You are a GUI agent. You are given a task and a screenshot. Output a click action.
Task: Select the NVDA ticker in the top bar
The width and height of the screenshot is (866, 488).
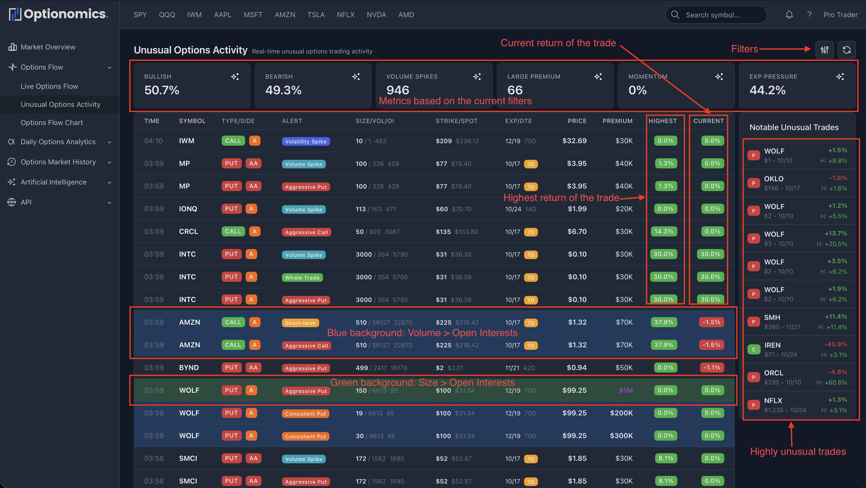click(376, 15)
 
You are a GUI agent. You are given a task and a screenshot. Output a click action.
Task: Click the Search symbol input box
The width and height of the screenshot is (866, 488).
click(716, 15)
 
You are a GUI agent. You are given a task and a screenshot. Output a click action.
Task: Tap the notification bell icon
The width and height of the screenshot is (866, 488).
click(789, 15)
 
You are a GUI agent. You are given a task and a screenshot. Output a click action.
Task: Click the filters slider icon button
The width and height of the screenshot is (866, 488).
click(824, 50)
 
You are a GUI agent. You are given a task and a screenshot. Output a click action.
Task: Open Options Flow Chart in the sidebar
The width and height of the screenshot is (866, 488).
click(52, 123)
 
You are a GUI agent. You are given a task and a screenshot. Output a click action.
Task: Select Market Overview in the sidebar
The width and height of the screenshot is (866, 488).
click(48, 47)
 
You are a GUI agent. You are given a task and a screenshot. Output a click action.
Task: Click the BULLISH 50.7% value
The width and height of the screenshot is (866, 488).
click(162, 90)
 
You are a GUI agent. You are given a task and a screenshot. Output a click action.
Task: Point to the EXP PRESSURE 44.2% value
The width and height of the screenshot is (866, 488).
click(767, 90)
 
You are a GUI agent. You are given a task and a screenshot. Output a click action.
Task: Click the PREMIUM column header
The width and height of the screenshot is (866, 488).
click(617, 121)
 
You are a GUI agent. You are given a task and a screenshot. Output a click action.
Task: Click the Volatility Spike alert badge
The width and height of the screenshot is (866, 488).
click(306, 141)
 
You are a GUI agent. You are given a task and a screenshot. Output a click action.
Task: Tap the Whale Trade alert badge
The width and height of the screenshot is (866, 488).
click(302, 278)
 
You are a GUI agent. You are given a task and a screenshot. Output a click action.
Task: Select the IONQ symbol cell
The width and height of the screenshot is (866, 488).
click(188, 209)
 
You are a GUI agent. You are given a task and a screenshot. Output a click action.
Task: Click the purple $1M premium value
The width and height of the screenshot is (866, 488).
click(625, 390)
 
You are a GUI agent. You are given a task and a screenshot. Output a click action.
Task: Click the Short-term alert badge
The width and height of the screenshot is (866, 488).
click(300, 323)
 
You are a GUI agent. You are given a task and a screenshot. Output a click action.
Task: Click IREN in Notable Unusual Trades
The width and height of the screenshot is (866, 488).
click(772, 345)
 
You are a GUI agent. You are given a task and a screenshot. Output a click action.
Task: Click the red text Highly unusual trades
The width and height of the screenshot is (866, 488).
click(798, 451)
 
